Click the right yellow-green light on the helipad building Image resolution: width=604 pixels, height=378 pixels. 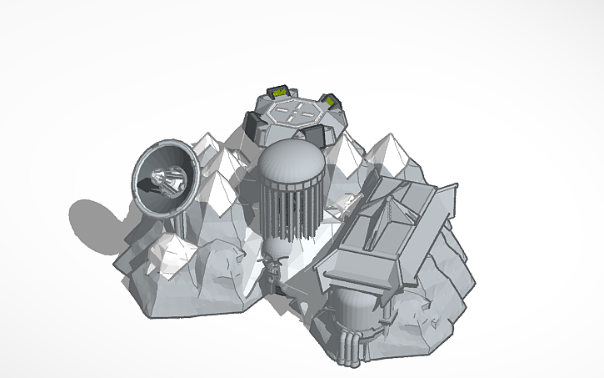pyautogui.click(x=331, y=102)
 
